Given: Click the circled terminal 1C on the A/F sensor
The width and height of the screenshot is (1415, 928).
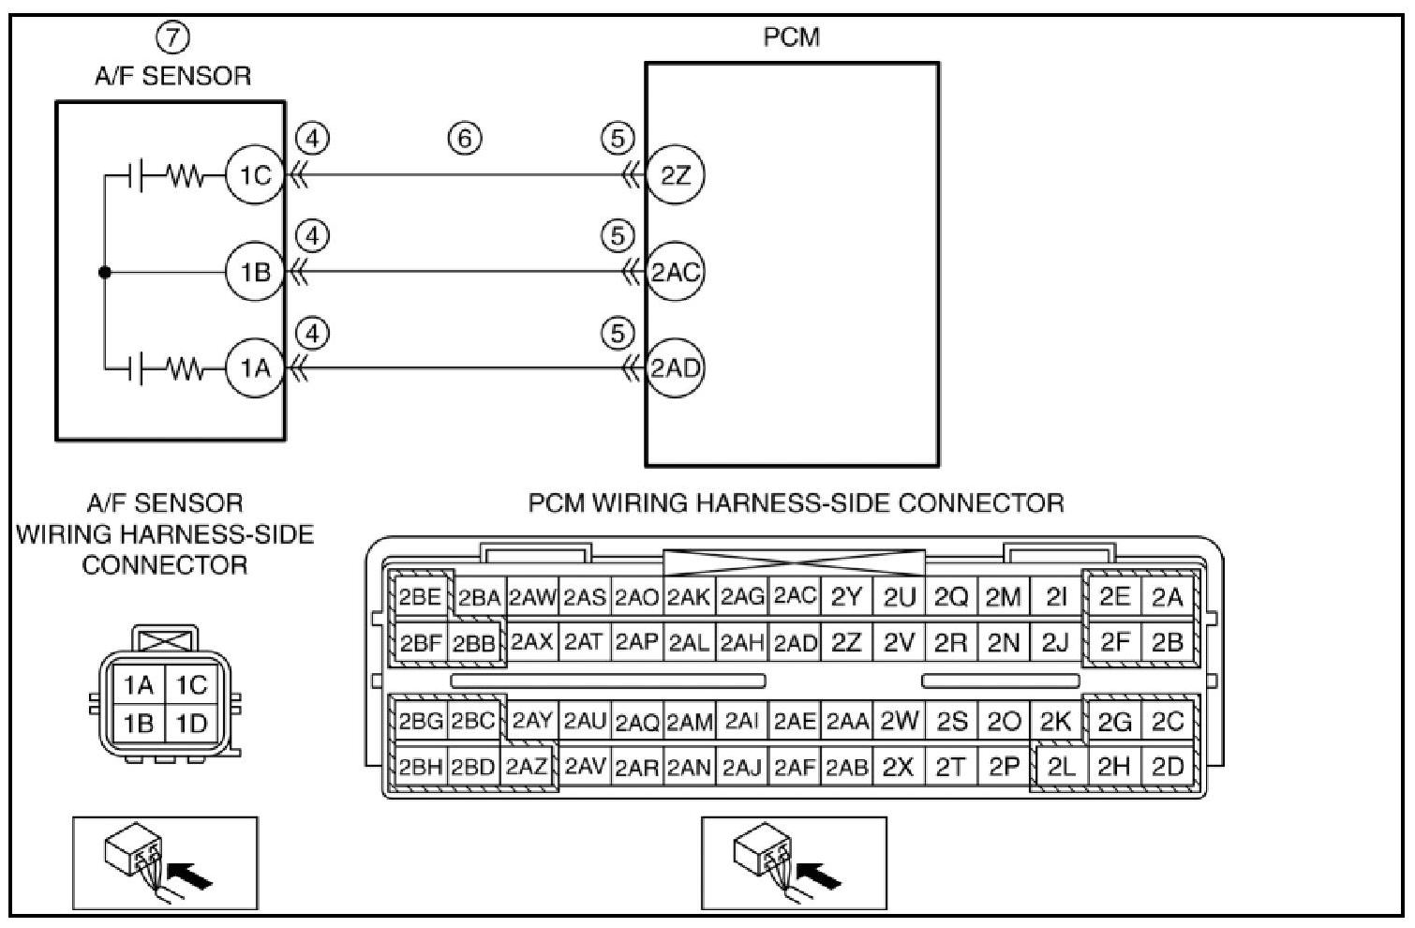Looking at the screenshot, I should point(254,175).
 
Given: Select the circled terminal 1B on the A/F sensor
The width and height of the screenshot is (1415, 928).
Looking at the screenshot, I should point(254,273).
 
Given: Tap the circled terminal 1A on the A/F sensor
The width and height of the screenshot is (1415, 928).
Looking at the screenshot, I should point(254,368).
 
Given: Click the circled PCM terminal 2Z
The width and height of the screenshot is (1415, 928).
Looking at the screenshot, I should point(675,175).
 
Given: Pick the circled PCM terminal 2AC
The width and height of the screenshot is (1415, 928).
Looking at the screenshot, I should point(675,273).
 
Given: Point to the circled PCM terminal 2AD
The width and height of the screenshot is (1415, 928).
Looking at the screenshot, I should point(675,368).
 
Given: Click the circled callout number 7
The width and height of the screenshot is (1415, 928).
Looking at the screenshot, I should point(172,37).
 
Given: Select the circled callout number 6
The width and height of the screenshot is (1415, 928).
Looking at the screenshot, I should point(465,139).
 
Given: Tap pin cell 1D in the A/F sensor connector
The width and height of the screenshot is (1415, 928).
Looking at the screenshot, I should point(191,724).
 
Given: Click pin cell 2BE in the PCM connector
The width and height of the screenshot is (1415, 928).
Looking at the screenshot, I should point(419,597).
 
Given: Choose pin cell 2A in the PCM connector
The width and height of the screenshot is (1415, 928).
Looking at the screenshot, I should point(1167,597).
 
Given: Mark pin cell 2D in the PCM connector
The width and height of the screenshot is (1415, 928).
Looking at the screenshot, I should point(1167,767).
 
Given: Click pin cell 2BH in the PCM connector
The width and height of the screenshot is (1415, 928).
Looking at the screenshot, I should point(420,767).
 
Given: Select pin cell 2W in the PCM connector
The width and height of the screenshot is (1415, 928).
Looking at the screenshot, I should point(899,721).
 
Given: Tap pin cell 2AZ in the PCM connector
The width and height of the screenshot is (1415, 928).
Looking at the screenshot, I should point(527,767).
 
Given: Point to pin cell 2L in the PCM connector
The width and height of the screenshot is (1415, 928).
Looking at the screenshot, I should point(1061,767).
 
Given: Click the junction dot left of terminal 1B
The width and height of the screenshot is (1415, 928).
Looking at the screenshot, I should point(105,273).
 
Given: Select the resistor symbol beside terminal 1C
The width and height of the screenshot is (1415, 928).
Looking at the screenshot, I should point(186,175).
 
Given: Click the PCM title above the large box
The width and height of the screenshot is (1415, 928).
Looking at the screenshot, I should point(792,37).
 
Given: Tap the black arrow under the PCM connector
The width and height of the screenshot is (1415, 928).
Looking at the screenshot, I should point(825,876).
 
